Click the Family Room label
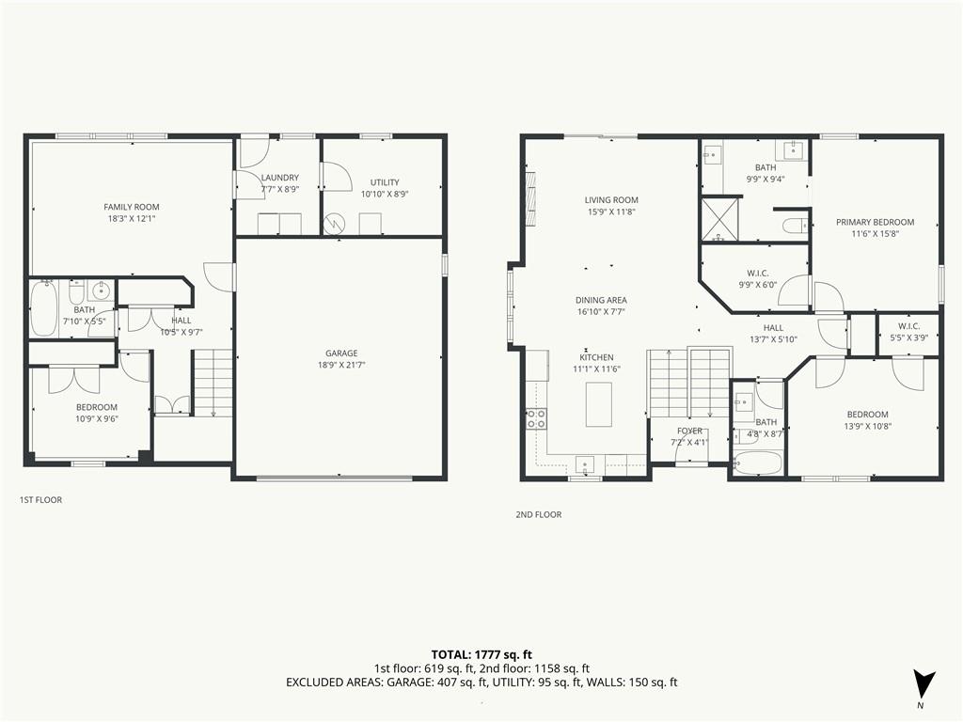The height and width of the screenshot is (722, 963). (132, 207)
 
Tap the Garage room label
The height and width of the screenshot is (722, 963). (341, 353)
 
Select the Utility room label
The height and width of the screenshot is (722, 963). (385, 182)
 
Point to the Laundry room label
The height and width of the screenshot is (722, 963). (280, 178)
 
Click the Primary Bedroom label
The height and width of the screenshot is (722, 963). (876, 222)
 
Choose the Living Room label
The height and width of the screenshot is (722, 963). (611, 199)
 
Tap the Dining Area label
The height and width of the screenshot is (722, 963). (601, 300)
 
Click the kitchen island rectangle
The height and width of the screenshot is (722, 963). (599, 404)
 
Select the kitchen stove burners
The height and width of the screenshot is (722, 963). (536, 418)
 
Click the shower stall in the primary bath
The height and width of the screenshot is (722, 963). (719, 218)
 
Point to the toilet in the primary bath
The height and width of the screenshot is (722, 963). (797, 226)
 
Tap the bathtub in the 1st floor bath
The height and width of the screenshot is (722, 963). (43, 308)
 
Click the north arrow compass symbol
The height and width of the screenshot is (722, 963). (924, 684)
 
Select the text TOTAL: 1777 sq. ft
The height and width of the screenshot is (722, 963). (481, 654)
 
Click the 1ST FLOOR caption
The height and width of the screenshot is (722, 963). (40, 500)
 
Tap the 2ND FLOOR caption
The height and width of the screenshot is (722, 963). (539, 514)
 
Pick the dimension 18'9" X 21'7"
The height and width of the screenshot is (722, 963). (341, 365)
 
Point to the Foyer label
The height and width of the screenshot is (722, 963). (689, 431)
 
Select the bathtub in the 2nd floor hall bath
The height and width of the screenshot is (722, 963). (758, 463)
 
